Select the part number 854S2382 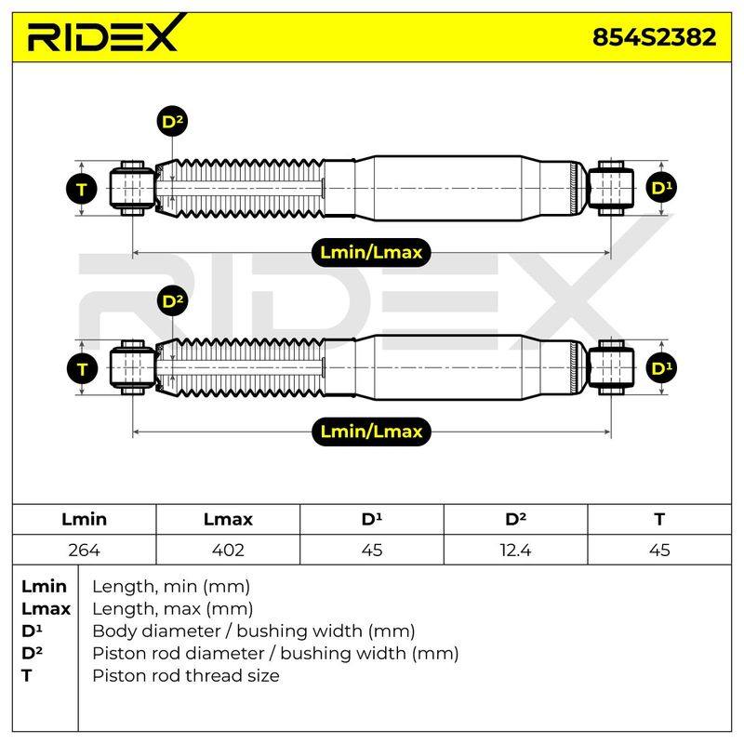click(655, 37)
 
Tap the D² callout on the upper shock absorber click(172, 122)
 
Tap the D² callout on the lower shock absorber click(172, 300)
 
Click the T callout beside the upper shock click(82, 189)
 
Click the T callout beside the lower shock click(82, 368)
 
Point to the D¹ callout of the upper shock click(661, 188)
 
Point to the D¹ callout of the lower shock click(661, 367)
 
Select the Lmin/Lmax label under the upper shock click(371, 252)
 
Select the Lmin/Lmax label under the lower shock click(371, 432)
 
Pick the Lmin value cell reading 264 click(84, 550)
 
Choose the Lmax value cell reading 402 click(228, 550)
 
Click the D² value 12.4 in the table click(516, 550)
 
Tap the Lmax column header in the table click(228, 519)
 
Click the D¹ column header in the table click(372, 519)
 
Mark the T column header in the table click(659, 519)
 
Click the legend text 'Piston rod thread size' click(186, 675)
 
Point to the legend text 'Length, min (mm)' click(171, 587)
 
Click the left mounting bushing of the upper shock click(132, 189)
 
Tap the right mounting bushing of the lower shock click(611, 367)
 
